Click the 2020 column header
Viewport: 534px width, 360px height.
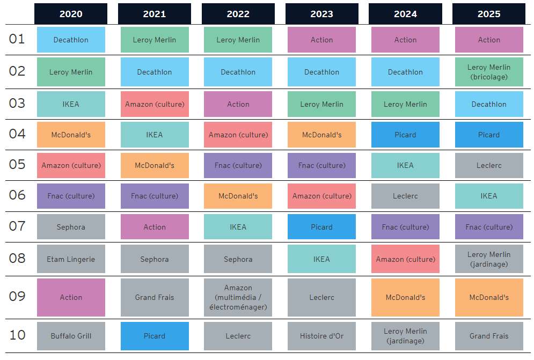71,14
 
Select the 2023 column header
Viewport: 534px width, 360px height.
321,14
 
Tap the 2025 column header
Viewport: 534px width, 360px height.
489,14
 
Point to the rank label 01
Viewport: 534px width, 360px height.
17,39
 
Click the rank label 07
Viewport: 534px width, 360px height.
17,226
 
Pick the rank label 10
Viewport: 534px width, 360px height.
17,335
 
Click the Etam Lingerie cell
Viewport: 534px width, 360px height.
71,259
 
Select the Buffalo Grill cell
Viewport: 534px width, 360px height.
71,336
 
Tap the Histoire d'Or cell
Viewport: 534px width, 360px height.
321,336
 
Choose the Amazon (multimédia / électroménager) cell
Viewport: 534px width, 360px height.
238,297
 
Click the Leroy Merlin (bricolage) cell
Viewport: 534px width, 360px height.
489,72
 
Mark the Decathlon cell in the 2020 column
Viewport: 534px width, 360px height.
71,40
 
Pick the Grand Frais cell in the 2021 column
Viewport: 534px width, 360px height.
155,297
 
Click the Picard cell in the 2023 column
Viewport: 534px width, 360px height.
321,227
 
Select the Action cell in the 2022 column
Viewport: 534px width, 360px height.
238,104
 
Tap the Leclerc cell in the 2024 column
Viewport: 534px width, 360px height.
405,196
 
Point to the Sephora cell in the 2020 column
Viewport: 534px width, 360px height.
71,227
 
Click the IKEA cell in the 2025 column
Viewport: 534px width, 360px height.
489,196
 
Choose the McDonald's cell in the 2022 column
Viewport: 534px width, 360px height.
238,196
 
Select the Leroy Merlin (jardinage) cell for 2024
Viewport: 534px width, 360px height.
405,336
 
